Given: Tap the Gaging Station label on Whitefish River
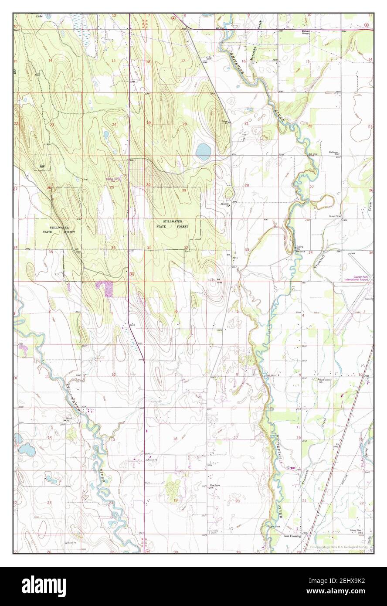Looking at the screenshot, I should [x=300, y=248].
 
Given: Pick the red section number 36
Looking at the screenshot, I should [x=113, y=248].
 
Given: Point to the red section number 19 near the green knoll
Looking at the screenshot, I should [x=176, y=500].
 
